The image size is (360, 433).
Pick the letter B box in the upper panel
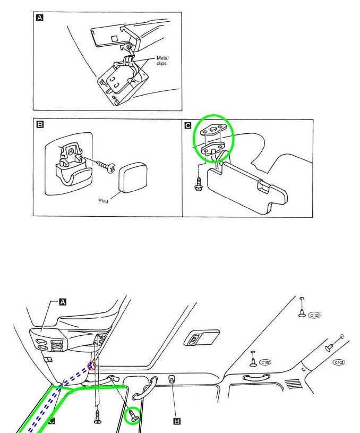(39, 126)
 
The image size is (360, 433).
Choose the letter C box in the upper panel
(187, 126)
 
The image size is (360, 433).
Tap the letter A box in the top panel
(39, 18)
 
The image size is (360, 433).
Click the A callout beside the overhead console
(63, 302)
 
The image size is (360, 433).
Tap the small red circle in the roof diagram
(91, 366)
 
